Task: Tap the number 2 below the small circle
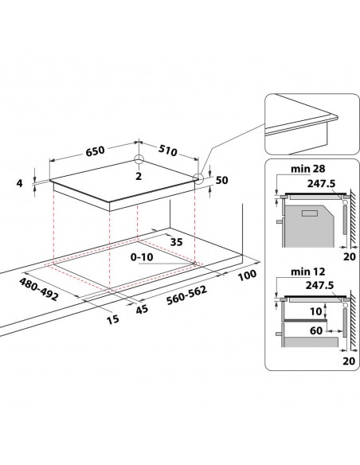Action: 139,175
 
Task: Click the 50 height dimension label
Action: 222,182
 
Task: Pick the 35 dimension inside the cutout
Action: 177,243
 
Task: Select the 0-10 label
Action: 143,258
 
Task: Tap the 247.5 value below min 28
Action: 321,182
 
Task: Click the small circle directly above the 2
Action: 139,159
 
